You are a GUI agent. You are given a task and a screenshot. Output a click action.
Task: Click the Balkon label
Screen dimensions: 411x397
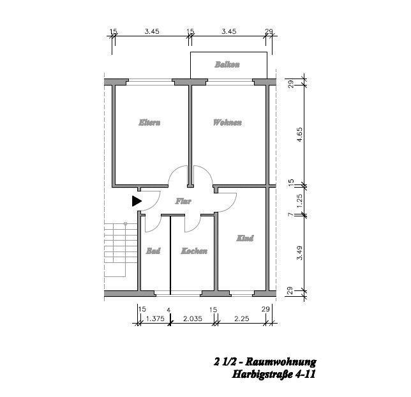tap(227, 64)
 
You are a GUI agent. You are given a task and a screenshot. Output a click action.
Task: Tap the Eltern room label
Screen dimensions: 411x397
tap(149, 123)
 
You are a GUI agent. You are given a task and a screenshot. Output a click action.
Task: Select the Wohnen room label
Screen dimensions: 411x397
tap(227, 123)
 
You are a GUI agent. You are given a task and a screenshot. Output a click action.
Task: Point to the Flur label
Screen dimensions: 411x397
tap(183, 201)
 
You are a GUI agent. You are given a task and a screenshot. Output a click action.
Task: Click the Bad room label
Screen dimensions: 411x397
tap(153, 251)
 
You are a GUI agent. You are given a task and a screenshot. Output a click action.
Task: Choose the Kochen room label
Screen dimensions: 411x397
tap(194, 251)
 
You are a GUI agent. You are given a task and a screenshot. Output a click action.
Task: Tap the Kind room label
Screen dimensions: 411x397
tap(245, 238)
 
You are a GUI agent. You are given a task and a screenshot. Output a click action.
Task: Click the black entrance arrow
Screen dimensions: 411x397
tap(137, 201)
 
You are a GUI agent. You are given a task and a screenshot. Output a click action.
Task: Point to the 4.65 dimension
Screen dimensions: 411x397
tap(299, 135)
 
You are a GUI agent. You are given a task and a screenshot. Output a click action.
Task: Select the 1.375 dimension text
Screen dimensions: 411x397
tap(155, 318)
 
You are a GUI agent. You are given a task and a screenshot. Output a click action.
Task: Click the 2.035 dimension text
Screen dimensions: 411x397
tap(193, 318)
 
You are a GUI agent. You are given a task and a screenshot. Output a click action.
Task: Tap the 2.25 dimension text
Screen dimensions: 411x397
tap(242, 318)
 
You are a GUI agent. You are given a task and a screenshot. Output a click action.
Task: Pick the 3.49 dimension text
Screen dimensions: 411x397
tap(299, 253)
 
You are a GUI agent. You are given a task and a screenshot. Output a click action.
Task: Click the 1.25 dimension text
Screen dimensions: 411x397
tap(299, 201)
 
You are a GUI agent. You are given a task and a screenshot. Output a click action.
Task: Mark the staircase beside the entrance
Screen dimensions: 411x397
tap(121, 250)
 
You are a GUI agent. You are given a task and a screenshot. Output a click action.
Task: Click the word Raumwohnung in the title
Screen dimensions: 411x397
tap(281, 362)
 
